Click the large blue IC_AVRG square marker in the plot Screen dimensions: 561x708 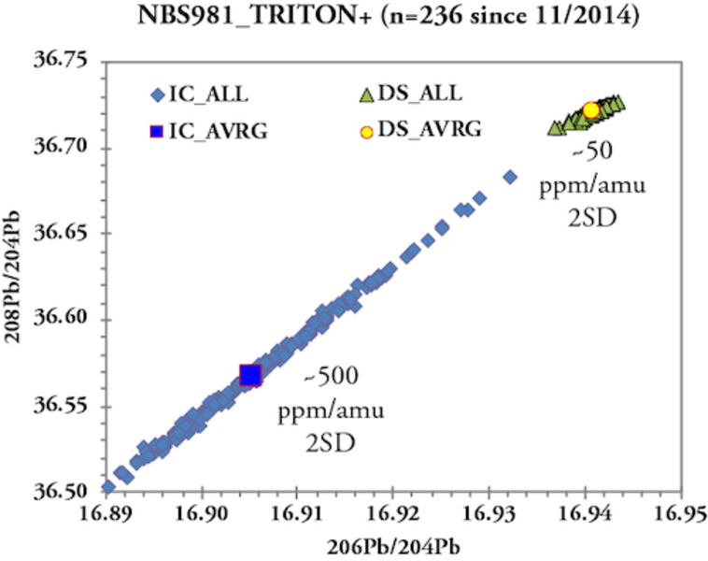[x=250, y=375]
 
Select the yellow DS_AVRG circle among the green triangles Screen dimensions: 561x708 [x=590, y=110]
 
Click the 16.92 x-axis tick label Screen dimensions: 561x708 [x=392, y=513]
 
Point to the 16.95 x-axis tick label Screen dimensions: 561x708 [x=679, y=513]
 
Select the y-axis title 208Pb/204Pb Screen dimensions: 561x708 [x=20, y=278]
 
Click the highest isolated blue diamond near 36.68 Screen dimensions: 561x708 [x=510, y=176]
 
